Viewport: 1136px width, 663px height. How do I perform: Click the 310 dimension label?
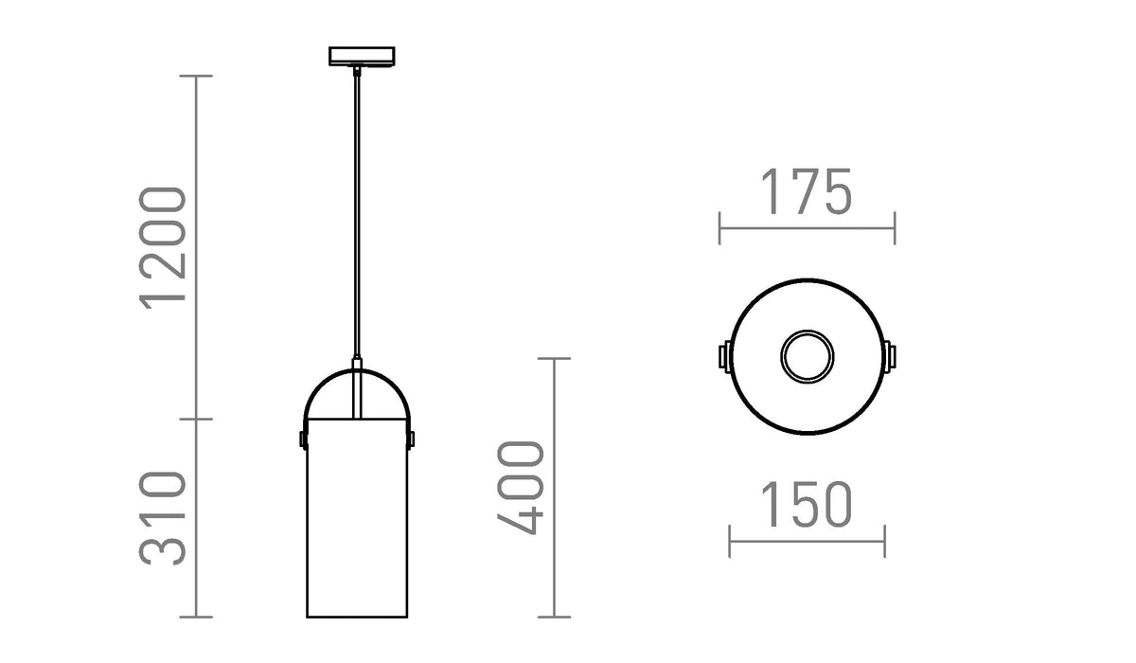[x=162, y=518]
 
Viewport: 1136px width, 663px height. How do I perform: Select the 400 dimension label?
[x=520, y=488]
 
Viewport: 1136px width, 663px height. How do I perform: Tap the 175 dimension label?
[x=806, y=191]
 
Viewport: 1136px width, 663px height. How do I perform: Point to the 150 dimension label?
[x=806, y=505]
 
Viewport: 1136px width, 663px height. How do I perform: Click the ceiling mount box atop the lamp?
[x=362, y=56]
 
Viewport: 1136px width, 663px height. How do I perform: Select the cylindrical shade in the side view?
[x=357, y=518]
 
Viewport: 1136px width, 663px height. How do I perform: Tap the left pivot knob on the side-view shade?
[x=303, y=439]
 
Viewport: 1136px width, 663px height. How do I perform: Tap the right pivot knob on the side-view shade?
[x=411, y=439]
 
